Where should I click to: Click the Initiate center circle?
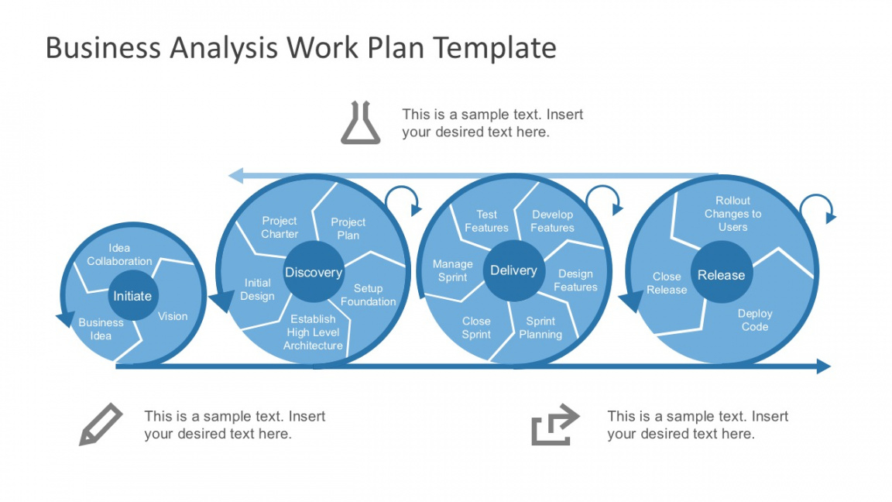pos(132,296)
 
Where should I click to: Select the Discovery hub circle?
pos(313,272)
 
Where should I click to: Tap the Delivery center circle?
pos(513,270)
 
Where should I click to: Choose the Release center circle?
pos(721,275)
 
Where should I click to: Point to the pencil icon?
pos(101,424)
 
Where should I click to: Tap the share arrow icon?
pos(554,425)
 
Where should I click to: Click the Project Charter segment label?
pos(280,227)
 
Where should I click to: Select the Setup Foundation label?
pos(368,294)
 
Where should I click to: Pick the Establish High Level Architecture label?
pos(314,332)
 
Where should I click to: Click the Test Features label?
pos(486,221)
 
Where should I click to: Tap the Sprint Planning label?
pos(540,328)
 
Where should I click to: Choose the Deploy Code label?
pos(755,320)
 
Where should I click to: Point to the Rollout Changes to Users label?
pos(732,214)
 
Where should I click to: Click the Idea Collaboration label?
pos(119,255)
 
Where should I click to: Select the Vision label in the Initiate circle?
pos(173,316)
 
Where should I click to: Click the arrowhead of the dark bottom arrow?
pos(823,366)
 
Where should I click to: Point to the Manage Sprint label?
pos(452,270)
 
